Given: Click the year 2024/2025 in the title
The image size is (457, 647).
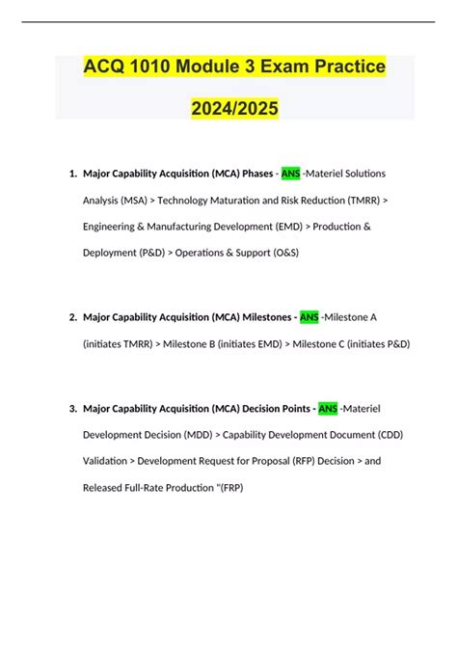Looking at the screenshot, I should coord(228,109).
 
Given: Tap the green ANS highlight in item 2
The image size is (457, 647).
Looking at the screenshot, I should coord(309,316).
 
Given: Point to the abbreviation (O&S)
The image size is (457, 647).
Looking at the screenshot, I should coord(280,253).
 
